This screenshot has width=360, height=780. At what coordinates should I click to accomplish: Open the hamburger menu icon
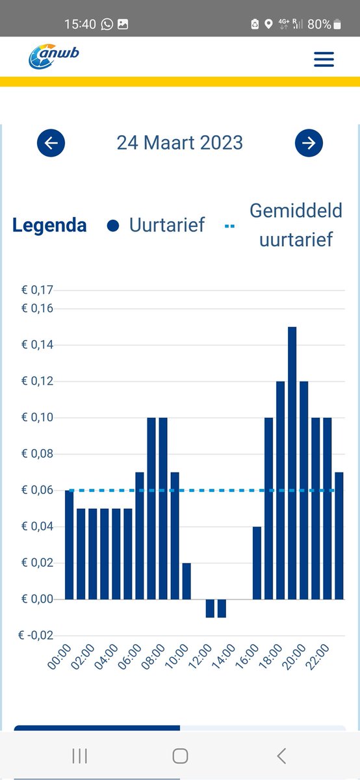tap(324, 60)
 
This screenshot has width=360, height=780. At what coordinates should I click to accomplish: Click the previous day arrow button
tap(51, 143)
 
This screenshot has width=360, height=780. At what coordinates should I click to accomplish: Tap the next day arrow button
tap(309, 143)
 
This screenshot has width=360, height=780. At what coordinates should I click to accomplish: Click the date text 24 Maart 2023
tap(179, 143)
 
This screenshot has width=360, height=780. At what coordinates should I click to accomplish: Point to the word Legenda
tap(49, 226)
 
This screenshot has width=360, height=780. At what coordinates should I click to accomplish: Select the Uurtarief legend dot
tap(114, 226)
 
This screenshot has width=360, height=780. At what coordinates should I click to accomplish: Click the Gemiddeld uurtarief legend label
tap(296, 225)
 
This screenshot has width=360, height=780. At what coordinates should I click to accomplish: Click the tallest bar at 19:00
tap(292, 463)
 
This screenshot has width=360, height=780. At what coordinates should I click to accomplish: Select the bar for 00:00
tap(69, 545)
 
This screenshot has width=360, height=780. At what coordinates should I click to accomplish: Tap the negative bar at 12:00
tap(210, 608)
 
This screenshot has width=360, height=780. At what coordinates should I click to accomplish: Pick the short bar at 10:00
tap(186, 581)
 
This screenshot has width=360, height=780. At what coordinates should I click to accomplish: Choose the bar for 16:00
tap(257, 563)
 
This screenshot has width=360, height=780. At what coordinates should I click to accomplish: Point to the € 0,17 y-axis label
tap(38, 290)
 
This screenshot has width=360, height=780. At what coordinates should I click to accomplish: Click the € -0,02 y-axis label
tap(36, 635)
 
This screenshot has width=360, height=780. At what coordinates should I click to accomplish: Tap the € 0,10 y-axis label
tap(38, 417)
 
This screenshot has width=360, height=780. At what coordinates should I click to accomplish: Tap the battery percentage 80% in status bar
tap(319, 24)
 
